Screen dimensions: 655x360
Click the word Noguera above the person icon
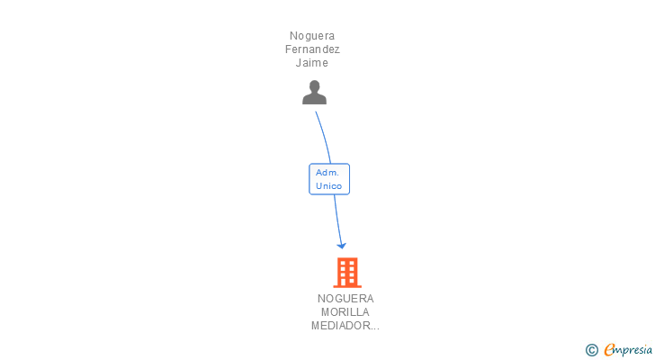coord(312,36)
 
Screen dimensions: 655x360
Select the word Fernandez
coord(312,49)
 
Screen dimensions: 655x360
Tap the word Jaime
coord(312,63)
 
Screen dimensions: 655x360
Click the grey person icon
coord(314,93)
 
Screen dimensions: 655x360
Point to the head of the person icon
coord(314,86)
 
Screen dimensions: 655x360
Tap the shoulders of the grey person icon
coord(314,99)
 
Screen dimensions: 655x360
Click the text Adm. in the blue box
coord(327,173)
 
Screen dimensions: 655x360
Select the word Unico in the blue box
coord(328,185)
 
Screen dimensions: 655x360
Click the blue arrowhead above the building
coord(341,246)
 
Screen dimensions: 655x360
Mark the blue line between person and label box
coord(325,137)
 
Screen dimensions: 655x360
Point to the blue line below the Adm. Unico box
coord(337,220)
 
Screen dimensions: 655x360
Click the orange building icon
coord(347,273)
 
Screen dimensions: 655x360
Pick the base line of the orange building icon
coord(347,286)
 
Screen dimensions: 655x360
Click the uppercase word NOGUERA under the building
coord(345,299)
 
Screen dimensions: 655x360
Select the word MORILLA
coord(345,312)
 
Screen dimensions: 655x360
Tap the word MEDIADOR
coord(339,326)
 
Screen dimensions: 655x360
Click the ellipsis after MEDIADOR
coord(374,328)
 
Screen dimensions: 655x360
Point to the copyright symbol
coord(591,350)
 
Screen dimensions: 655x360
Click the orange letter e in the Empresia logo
coord(610,349)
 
